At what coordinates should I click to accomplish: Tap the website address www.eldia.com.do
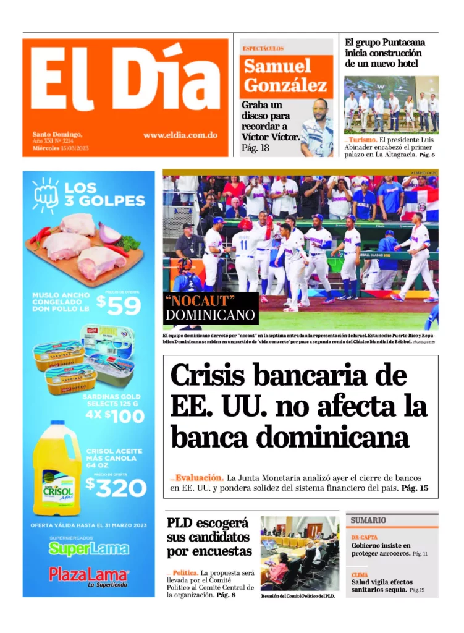pos(180,135)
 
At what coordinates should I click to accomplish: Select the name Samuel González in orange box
pos(285,75)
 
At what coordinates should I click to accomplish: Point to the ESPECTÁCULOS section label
pos(263,48)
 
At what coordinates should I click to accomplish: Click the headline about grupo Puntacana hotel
pos(385,53)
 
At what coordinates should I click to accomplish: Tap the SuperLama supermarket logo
pos(89,548)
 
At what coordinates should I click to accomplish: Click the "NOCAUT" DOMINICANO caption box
pos(210,308)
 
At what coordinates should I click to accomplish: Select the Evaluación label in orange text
pos(198,478)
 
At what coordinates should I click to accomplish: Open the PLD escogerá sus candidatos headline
pos(209,537)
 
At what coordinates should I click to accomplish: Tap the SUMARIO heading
pos(369,520)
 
